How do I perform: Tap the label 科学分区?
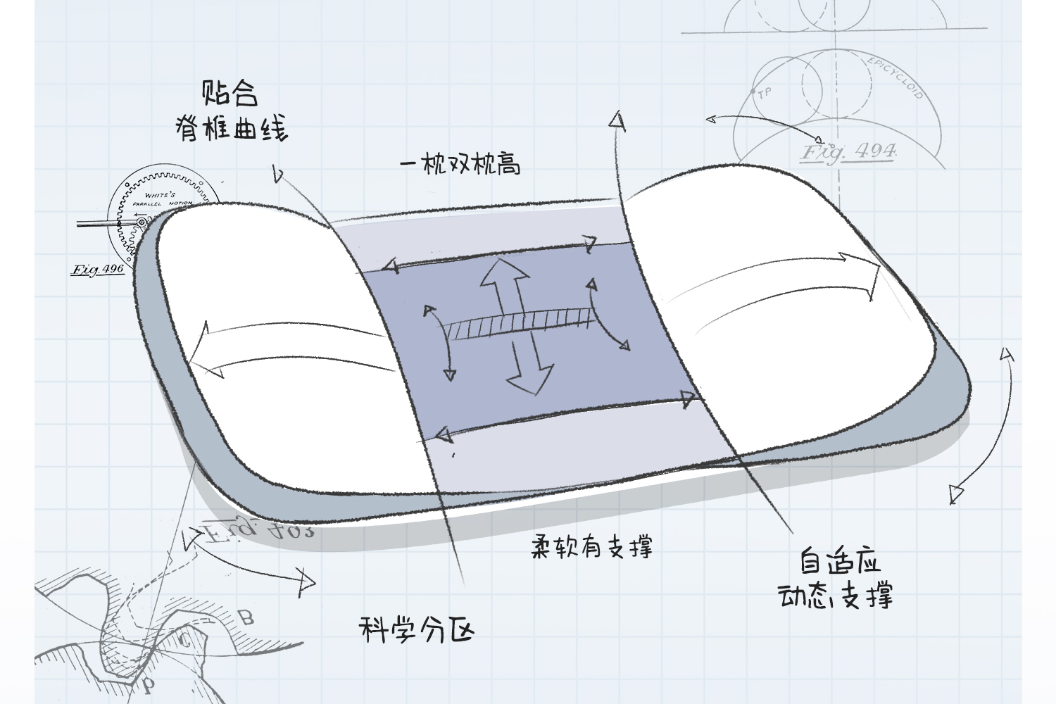pyautogui.click(x=416, y=628)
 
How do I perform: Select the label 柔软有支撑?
pyautogui.click(x=591, y=546)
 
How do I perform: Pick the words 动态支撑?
pyautogui.click(x=836, y=597)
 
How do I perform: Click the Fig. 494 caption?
pyautogui.click(x=850, y=151)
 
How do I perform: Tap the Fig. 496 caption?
pyautogui.click(x=98, y=269)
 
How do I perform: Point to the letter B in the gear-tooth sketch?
pyautogui.click(x=246, y=618)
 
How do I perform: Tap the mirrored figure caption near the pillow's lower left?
pyautogui.click(x=257, y=529)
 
